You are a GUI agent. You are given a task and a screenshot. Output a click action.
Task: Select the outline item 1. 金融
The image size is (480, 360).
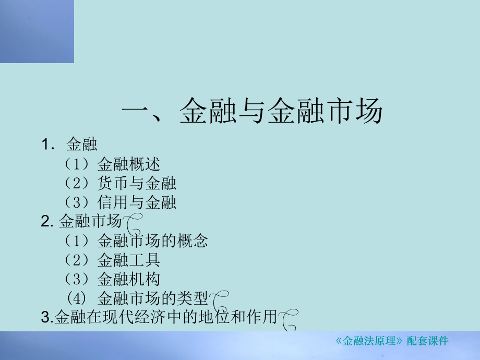coord(70,144)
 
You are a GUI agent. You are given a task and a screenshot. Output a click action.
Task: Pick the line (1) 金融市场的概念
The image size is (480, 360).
coord(136,241)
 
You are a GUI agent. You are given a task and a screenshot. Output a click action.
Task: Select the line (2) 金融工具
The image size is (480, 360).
coord(112,259)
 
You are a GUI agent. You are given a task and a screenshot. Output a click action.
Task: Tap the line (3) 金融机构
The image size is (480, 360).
coord(112,279)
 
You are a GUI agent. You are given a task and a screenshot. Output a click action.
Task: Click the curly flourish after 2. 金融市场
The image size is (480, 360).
coord(134,225)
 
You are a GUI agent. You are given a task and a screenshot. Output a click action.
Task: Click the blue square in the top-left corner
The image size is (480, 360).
coord(37,31)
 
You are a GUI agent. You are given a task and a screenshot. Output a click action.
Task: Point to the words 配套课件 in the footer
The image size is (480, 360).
coord(427,342)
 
